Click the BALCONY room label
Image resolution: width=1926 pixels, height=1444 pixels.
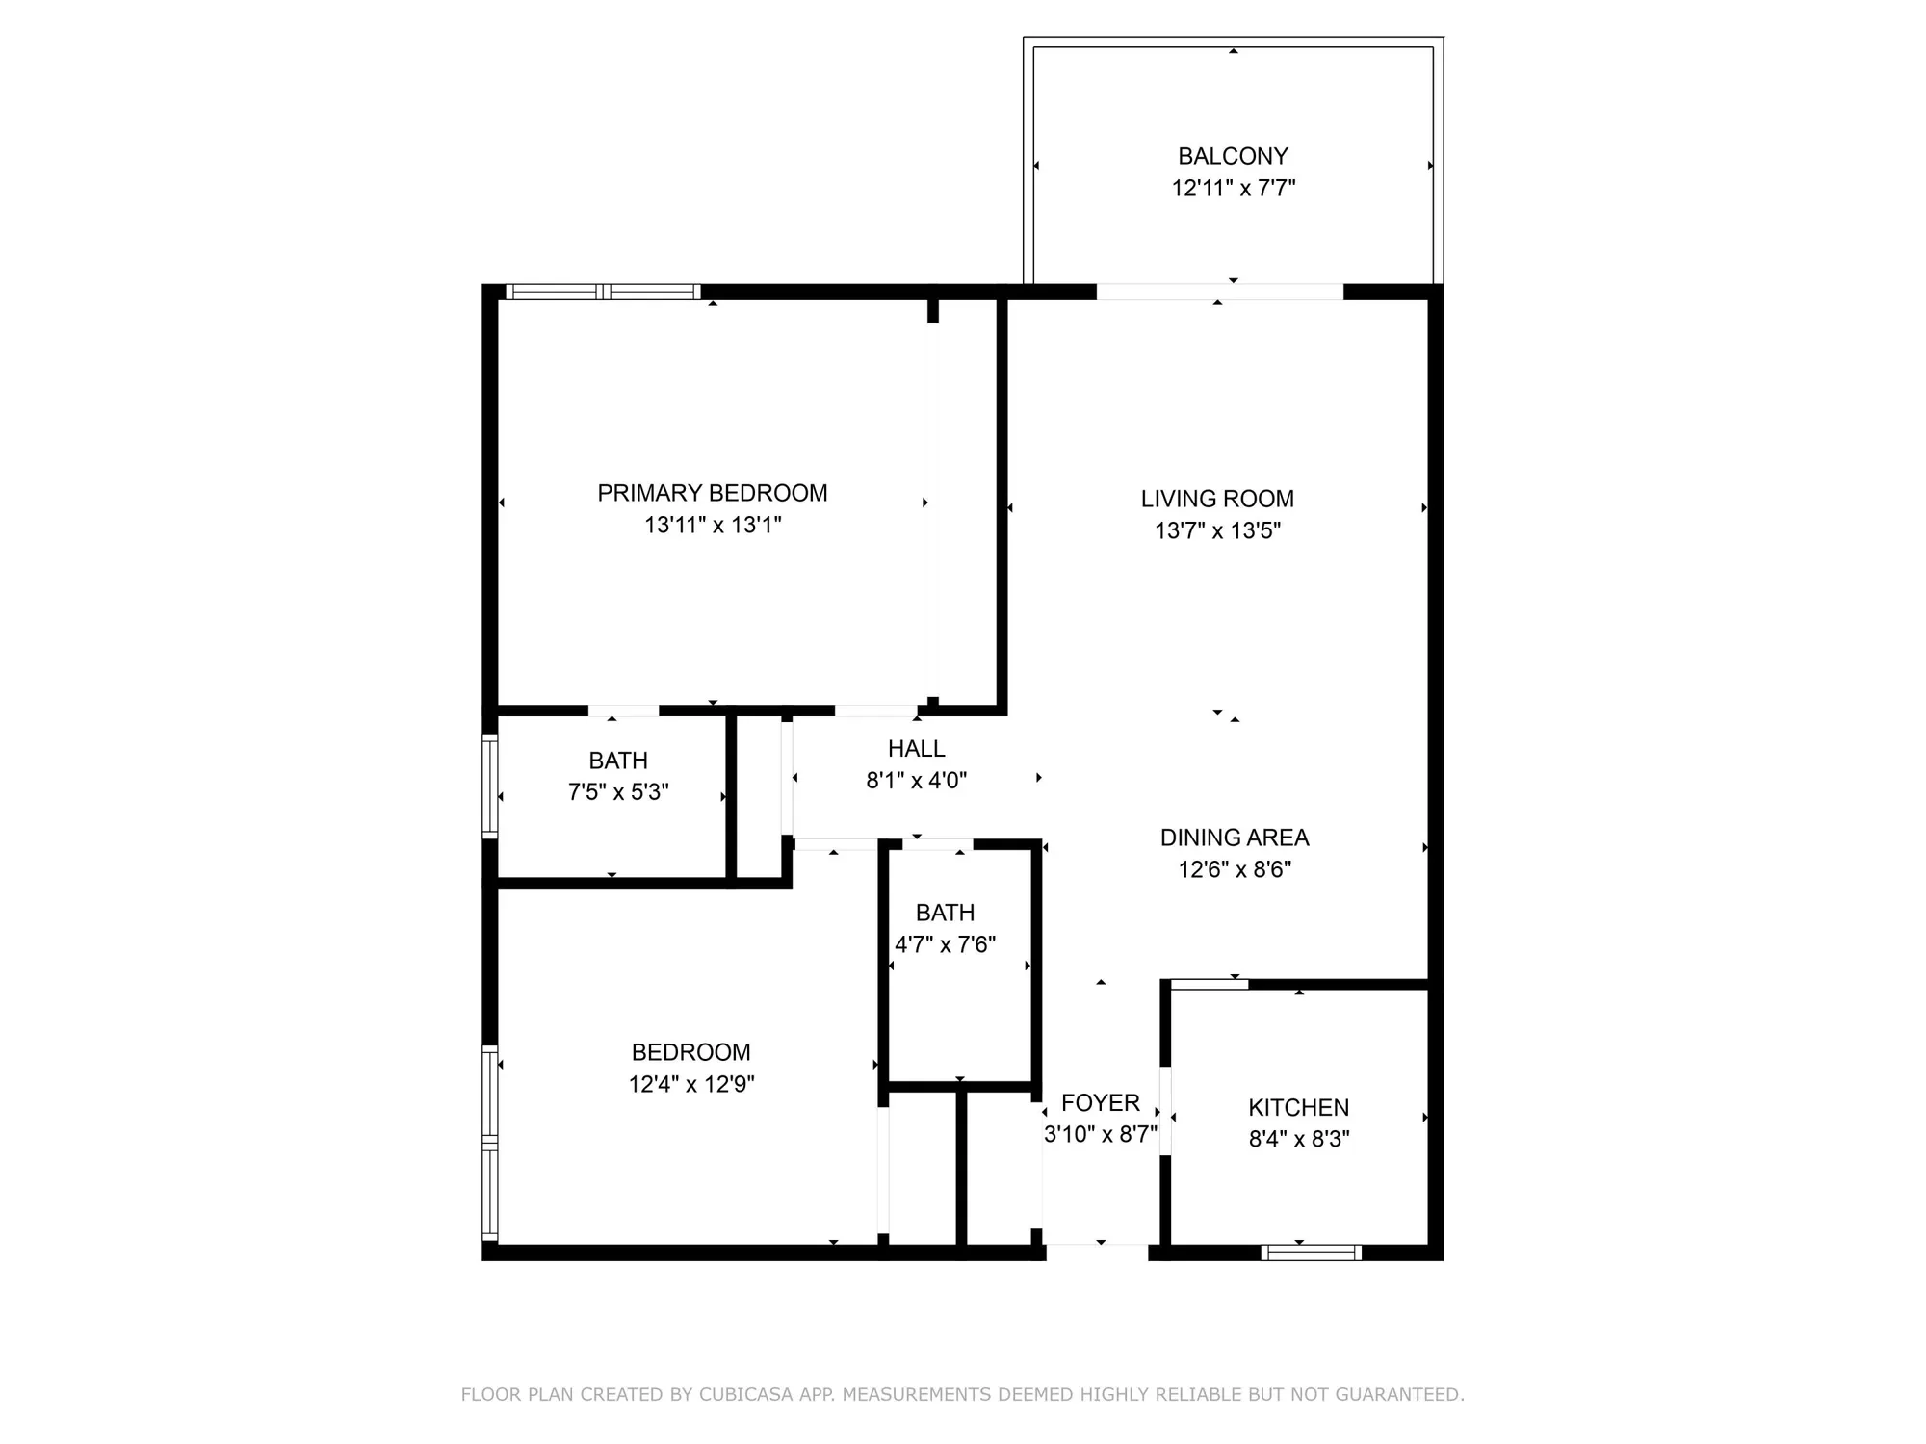click(x=1233, y=156)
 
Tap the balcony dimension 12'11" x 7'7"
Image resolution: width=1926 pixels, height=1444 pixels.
click(x=1233, y=188)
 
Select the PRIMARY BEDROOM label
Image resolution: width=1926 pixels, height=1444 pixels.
click(x=712, y=493)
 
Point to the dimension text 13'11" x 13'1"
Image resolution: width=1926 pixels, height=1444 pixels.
click(x=712, y=525)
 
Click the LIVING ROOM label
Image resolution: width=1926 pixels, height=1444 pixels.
click(x=1217, y=499)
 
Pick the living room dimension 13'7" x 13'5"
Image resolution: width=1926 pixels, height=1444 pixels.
click(x=1217, y=530)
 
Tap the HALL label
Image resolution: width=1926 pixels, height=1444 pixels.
click(x=916, y=748)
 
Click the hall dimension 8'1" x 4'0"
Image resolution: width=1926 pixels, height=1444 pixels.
click(x=916, y=780)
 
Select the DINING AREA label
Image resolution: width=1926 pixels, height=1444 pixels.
click(x=1234, y=838)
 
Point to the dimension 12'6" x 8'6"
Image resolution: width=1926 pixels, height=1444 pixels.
click(x=1234, y=869)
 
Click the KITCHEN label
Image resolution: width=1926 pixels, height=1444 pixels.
click(x=1298, y=1107)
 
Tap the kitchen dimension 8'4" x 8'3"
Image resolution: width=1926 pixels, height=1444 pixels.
click(x=1298, y=1139)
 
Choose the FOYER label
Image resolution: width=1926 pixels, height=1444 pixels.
click(x=1100, y=1102)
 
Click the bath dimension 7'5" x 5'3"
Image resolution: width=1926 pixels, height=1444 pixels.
click(x=617, y=792)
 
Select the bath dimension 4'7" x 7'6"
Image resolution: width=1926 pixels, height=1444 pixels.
click(x=945, y=944)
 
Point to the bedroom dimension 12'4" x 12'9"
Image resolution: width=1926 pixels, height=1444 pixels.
click(x=690, y=1084)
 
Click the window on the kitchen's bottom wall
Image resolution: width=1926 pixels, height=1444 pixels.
click(x=1311, y=1252)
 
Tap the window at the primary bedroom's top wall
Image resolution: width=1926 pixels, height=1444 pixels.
click(x=603, y=292)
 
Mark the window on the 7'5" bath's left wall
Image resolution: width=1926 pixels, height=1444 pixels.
click(x=489, y=786)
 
